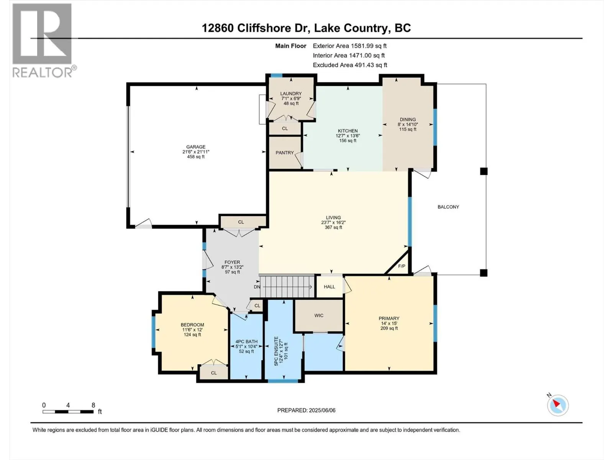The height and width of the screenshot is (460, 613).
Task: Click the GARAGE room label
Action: [x=196, y=147]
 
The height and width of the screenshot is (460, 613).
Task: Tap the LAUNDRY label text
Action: [x=291, y=94]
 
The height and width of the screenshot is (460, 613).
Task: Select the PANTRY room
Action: [x=285, y=153]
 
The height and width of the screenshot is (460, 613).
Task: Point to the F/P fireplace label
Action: [x=402, y=266]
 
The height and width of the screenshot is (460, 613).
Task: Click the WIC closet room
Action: [x=319, y=315]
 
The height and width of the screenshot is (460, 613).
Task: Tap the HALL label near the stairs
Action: [x=329, y=287]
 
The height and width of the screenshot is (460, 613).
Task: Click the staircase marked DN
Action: [x=287, y=287]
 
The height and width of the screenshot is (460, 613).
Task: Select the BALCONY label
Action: [x=448, y=207]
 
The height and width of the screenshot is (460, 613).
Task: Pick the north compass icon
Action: [x=558, y=405]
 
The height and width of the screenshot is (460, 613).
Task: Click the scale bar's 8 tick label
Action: [x=93, y=405]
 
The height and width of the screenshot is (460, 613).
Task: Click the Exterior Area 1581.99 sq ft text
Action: [x=350, y=46]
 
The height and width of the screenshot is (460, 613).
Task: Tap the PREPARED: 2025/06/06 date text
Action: [x=306, y=410]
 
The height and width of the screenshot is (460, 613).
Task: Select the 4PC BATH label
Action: [x=246, y=342]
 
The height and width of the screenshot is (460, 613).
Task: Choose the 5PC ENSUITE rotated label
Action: [x=276, y=351]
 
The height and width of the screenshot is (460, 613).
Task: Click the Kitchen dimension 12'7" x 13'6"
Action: [x=348, y=136]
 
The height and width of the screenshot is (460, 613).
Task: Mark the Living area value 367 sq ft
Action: [x=333, y=227]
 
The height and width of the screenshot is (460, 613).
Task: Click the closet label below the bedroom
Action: [x=214, y=373]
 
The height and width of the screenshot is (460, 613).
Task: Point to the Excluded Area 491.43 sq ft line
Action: [x=350, y=65]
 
